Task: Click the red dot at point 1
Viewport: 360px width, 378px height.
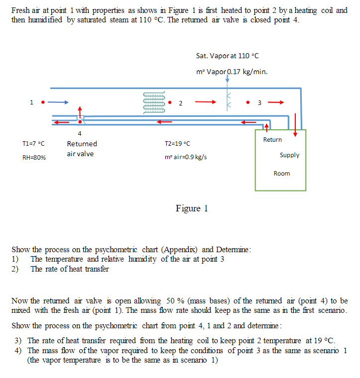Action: [x=43, y=103]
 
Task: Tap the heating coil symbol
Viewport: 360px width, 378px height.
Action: [x=154, y=103]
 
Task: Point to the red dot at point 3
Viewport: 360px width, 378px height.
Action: [x=247, y=103]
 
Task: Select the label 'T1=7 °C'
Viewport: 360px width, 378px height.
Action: [x=33, y=144]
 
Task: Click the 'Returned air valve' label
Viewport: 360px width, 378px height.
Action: [x=82, y=149]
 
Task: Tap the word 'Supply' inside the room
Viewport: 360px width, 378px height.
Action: [x=289, y=155]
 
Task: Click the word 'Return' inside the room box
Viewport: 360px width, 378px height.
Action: [x=272, y=140]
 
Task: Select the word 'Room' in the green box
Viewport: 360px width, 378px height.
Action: [x=281, y=174]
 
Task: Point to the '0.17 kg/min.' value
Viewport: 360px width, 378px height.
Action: [x=247, y=71]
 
